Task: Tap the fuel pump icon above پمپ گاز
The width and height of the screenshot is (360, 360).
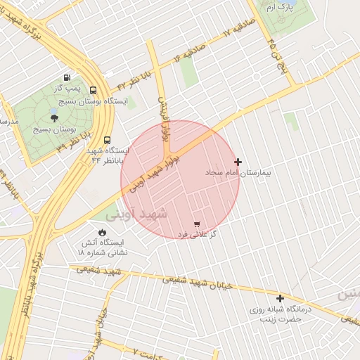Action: click(x=67, y=78)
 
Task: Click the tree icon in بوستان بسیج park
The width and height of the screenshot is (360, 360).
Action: click(x=54, y=117)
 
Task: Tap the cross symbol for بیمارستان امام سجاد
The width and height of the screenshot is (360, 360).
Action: click(x=238, y=162)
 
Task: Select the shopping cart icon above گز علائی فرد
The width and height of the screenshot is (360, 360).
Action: click(x=196, y=224)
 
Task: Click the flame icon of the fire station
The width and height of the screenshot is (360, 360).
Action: click(x=103, y=231)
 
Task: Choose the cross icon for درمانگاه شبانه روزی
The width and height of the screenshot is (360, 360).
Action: click(x=280, y=298)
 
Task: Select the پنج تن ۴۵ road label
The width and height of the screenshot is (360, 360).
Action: click(x=271, y=51)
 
